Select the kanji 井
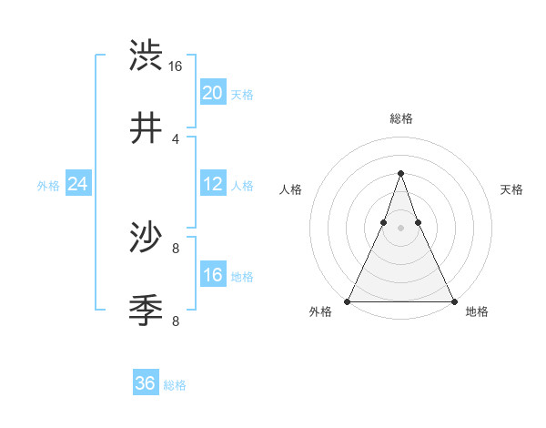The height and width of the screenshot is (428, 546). click(146, 128)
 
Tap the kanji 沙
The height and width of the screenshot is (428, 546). click(146, 238)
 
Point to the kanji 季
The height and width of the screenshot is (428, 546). click(146, 311)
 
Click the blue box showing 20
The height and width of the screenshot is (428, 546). click(212, 92)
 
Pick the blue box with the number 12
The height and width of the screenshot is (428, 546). click(212, 184)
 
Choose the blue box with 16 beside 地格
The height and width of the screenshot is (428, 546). click(212, 275)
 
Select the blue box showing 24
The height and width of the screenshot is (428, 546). click(77, 184)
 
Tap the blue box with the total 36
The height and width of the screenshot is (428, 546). click(146, 383)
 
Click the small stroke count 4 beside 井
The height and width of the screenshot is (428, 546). click(176, 138)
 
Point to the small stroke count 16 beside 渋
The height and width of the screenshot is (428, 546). click(175, 66)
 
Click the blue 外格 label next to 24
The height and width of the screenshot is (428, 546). click(48, 185)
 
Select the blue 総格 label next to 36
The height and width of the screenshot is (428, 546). click(175, 385)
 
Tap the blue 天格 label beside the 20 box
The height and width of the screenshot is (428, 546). click(242, 94)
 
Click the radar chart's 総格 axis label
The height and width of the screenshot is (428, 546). click(400, 119)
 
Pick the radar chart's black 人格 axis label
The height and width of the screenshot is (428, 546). click(291, 189)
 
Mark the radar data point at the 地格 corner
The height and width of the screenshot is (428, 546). click(453, 301)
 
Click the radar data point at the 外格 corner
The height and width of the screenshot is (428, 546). click(348, 301)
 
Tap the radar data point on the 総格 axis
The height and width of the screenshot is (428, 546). click(400, 173)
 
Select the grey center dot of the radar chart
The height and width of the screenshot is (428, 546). click(400, 229)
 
